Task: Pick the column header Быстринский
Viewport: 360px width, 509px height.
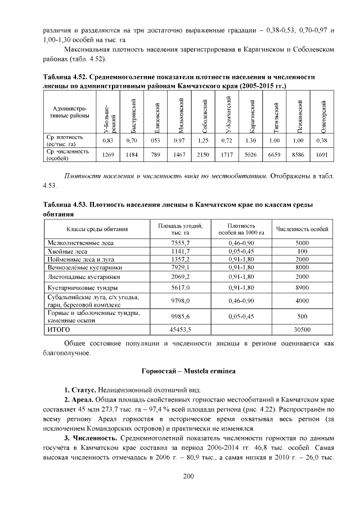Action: (x=132, y=112)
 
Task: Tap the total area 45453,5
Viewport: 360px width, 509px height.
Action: (x=181, y=328)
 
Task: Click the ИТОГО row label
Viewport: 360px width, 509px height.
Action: (x=58, y=328)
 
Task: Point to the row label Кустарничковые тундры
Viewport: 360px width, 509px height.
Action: (x=78, y=287)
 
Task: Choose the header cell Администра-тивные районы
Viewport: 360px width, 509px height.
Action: (x=70, y=112)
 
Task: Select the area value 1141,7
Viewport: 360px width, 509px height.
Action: (x=181, y=251)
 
